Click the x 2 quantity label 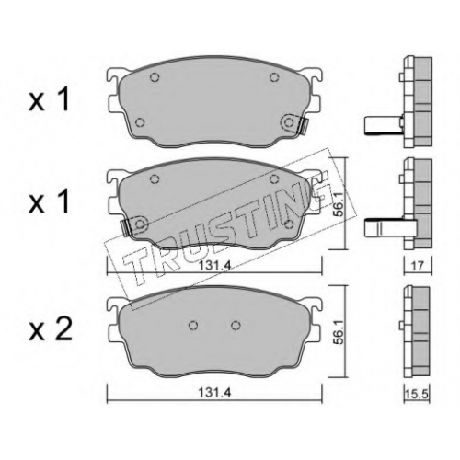point(51,331)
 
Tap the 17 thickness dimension point(418,266)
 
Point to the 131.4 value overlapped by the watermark point(214,266)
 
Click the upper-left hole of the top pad point(155,77)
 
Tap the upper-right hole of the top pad point(274,77)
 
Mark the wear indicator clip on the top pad point(305,125)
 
